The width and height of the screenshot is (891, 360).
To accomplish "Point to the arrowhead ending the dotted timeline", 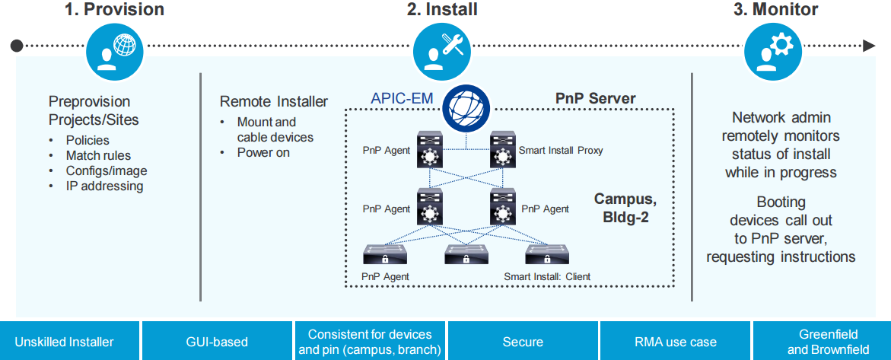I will click(870, 46).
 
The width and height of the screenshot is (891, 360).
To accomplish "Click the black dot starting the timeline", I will click(17, 46).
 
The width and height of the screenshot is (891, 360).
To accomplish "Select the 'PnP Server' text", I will click(595, 99).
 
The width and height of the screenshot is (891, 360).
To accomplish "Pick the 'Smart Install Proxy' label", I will click(561, 151).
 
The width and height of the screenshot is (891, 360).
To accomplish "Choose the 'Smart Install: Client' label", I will click(547, 276).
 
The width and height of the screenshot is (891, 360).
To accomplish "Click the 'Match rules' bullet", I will click(98, 155).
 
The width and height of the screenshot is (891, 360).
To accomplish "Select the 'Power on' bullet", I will click(263, 152).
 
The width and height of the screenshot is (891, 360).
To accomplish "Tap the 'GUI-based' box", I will click(217, 342).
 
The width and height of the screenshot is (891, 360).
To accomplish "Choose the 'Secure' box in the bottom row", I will click(523, 342).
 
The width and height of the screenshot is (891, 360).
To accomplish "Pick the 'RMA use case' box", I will click(675, 342).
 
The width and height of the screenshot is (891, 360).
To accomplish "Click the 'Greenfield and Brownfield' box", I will click(822, 342).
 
